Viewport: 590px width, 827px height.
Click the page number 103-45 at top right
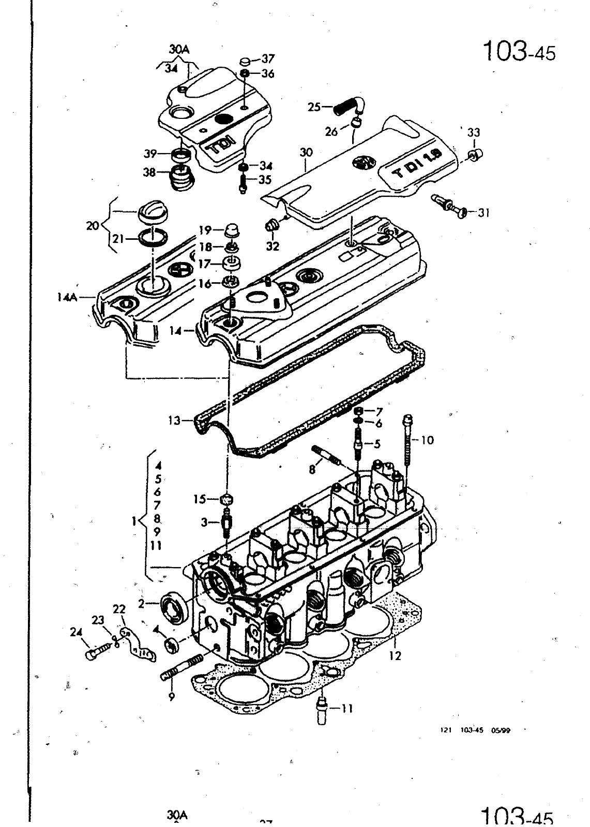point(518,52)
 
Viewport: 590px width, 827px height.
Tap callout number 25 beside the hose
point(314,107)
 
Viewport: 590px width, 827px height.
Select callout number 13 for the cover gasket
point(174,421)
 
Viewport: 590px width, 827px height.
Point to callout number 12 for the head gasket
point(395,656)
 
